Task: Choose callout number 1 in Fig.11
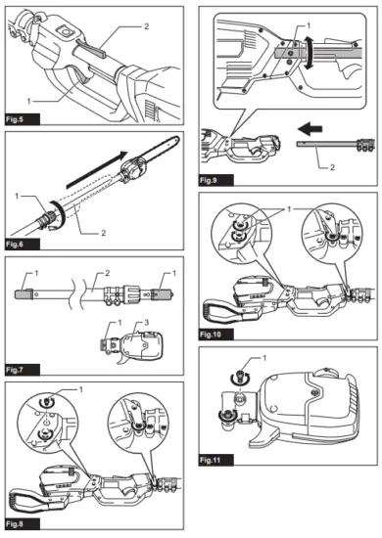click(x=236, y=362)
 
